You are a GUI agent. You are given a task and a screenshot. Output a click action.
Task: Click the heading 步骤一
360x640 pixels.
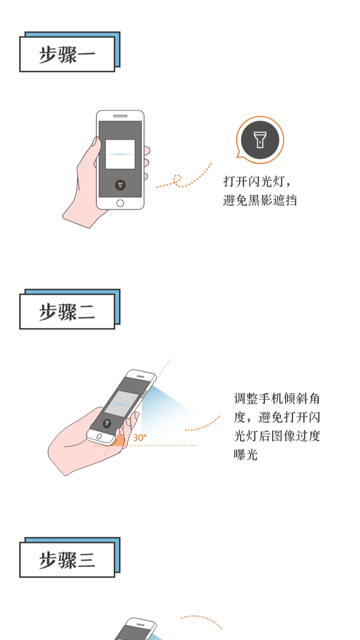tap(67, 55)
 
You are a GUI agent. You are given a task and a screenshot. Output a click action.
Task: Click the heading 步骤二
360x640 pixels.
tap(67, 312)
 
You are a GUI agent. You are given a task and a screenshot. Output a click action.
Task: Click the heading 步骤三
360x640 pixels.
tap(67, 560)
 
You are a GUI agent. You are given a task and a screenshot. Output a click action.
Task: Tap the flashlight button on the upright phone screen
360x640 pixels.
tap(120, 185)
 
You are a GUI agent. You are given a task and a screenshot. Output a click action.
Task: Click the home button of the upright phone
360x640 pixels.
tap(120, 203)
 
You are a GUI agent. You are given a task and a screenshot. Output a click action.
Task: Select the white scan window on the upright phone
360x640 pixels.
tap(120, 154)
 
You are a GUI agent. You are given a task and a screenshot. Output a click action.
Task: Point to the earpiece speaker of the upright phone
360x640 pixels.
tap(120, 116)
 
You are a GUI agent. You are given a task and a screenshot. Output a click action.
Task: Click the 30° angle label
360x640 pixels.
tap(140, 438)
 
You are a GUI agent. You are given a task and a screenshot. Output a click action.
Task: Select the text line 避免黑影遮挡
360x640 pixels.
tap(260, 200)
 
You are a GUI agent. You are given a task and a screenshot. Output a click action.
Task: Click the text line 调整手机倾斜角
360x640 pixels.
tap(276, 399)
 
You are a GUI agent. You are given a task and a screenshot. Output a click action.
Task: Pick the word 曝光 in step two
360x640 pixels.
tap(246, 455)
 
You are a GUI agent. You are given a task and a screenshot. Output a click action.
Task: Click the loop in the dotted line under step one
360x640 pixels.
tap(178, 180)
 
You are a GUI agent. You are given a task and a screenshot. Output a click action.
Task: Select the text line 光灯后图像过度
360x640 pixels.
tap(276, 436)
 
